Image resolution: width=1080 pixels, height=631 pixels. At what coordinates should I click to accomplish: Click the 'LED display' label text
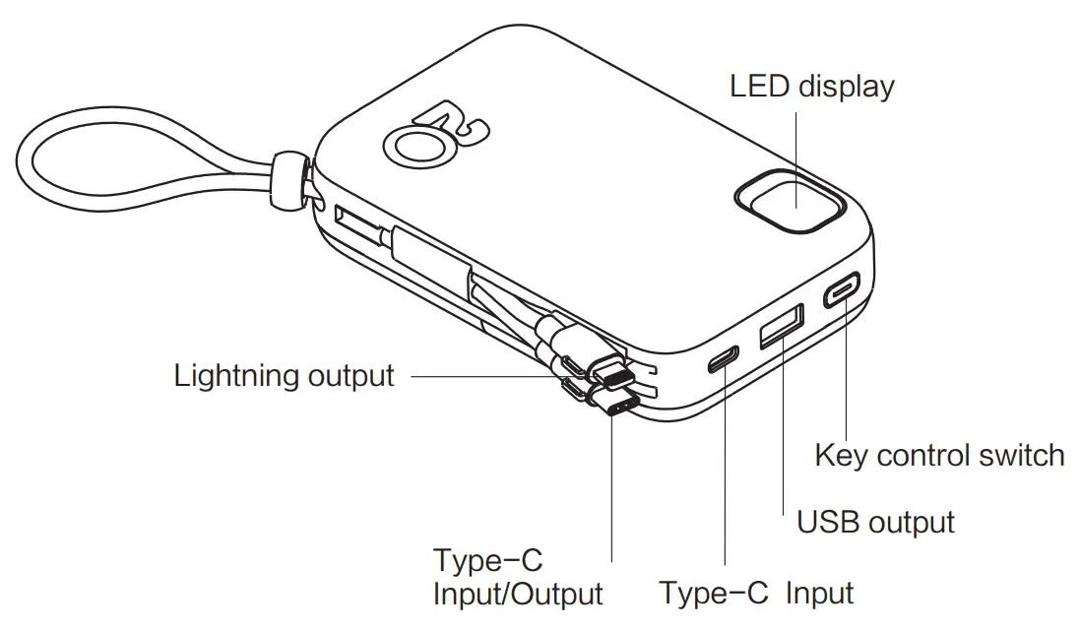coord(811,87)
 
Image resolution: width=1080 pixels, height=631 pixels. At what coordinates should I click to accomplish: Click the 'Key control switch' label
coord(939,456)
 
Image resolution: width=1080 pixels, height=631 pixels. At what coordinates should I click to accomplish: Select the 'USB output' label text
coord(875,521)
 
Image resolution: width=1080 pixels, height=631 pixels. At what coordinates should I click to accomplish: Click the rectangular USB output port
coord(781,328)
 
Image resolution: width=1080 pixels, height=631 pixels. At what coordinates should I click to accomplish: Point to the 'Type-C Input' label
coord(756,593)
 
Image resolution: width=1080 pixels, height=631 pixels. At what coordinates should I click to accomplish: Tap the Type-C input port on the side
coord(723,360)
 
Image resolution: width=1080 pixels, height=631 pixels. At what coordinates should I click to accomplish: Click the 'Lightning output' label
coord(284,375)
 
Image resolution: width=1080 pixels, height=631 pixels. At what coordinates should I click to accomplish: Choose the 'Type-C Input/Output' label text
coord(517,578)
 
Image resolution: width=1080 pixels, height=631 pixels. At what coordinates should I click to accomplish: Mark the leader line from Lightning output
coord(482,375)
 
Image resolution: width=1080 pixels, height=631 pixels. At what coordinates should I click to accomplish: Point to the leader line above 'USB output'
coord(784,433)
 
